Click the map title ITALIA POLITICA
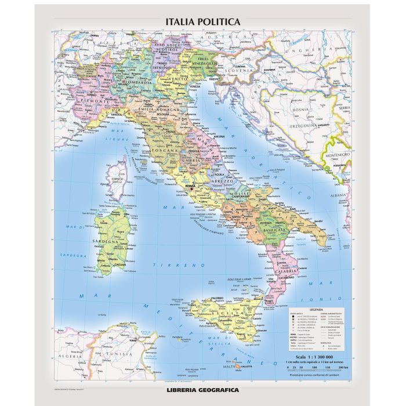[202, 21]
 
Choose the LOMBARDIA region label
[138, 82]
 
